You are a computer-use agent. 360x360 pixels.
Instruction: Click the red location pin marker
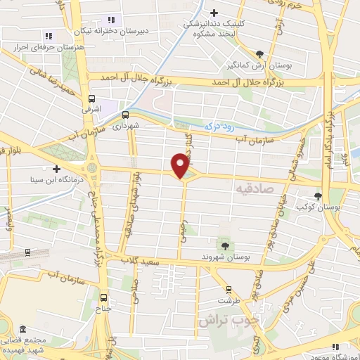coord(181,165)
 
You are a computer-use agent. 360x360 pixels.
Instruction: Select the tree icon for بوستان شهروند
coord(224,245)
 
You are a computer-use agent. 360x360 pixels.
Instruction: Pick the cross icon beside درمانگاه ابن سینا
coord(56,168)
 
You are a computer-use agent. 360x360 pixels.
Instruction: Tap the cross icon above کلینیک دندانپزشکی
coord(214,11)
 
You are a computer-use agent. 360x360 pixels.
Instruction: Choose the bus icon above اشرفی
coord(91,99)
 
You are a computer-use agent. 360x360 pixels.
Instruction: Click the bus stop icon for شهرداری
coord(126,114)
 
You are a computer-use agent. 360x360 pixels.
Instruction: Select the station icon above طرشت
coord(228,289)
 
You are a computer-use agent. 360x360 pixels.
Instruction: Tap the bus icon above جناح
coord(105,296)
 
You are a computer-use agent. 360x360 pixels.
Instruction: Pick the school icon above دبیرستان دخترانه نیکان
coord(110,20)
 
